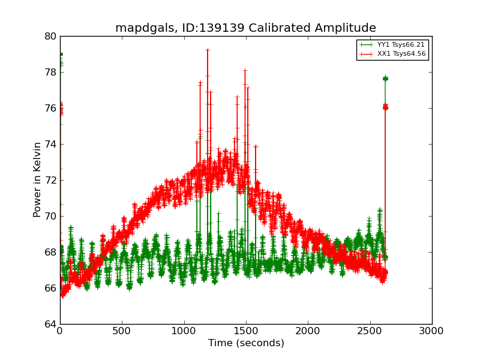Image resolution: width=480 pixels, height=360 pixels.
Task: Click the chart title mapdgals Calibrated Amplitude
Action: tap(245, 28)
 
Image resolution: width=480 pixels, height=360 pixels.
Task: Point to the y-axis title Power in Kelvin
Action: tap(38, 180)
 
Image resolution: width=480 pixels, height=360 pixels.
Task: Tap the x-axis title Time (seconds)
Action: tap(246, 343)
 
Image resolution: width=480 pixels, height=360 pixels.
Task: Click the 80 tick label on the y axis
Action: tap(50, 36)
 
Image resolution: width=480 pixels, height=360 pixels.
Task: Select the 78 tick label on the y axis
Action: tap(50, 72)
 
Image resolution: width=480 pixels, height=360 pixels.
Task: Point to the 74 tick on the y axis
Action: tap(50, 144)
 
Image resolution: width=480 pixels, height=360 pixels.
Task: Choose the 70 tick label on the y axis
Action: tap(50, 216)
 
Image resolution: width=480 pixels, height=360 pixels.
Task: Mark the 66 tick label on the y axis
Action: tap(50, 288)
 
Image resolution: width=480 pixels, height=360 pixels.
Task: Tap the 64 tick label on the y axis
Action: tap(50, 324)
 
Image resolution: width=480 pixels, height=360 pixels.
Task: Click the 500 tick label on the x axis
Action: tap(122, 331)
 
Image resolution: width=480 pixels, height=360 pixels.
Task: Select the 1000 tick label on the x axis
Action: tap(184, 331)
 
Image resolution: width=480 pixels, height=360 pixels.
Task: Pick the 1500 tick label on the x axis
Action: tap(246, 331)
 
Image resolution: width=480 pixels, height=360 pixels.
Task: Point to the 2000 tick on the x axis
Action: tap(308, 331)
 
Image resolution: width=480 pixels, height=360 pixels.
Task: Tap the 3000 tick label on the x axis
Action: tap(432, 331)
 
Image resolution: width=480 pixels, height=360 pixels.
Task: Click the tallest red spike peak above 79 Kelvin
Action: tap(208, 50)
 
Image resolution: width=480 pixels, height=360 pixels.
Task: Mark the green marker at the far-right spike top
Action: tap(385, 79)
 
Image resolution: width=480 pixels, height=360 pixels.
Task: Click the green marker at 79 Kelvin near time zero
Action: tap(61, 54)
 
